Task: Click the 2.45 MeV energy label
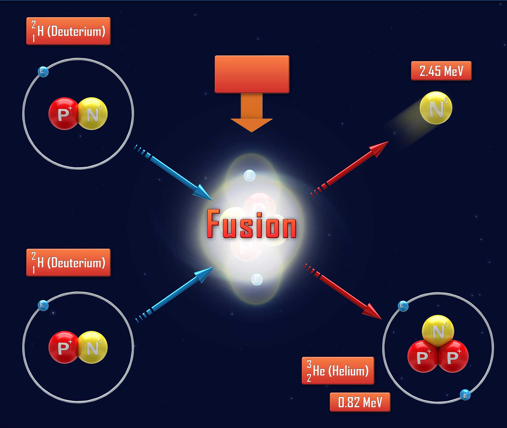coord(441,71)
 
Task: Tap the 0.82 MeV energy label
coord(360,402)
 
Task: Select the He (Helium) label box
coord(338,370)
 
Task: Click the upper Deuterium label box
coord(68,31)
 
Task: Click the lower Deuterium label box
coord(68,262)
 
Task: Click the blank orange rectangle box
coord(252,74)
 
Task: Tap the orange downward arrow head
coord(251,125)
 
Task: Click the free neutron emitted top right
coord(436,108)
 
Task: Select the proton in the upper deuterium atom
coord(63,114)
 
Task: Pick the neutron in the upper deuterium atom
coord(93,114)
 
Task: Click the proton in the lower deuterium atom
coord(63,347)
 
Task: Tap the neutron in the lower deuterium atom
coord(93,347)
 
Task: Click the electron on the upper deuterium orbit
coord(43,72)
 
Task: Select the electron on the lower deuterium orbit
coord(43,305)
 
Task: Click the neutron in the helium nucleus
coord(438,331)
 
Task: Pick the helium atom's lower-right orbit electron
coord(465,395)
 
